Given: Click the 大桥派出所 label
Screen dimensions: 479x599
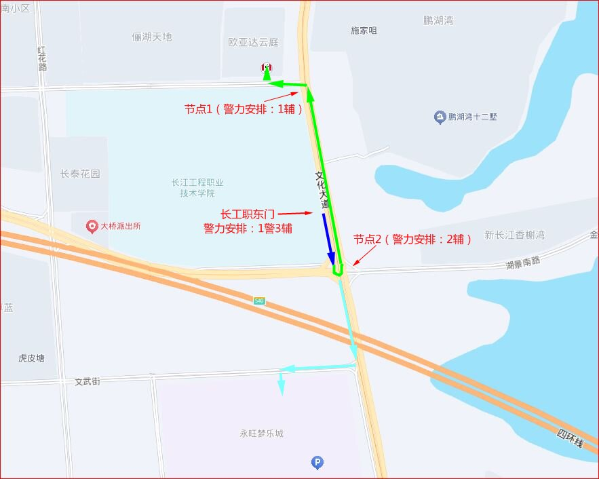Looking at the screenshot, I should [120, 226].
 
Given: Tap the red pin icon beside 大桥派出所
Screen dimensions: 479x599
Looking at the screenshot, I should [93, 226].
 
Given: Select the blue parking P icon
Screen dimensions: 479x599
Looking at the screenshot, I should [317, 463].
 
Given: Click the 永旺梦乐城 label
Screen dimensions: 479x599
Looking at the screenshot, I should [261, 434].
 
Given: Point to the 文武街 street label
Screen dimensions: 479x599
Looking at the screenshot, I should [88, 382].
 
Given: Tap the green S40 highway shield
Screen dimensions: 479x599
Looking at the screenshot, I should [260, 301].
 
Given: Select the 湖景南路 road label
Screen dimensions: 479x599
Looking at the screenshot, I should [523, 261].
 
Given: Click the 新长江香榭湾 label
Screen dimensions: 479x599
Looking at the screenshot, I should [515, 235].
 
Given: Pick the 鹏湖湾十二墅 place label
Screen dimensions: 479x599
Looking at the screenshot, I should [472, 117].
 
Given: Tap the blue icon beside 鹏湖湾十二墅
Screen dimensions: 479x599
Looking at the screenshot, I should [440, 117].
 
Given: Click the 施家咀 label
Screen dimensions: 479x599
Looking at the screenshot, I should [364, 31].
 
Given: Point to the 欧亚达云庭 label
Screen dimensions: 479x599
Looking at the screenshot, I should [254, 42].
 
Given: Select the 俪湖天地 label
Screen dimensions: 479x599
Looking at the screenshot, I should [152, 37].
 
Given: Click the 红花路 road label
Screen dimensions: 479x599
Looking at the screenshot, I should [42, 58].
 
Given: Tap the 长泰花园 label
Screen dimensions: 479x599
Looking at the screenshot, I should [80, 174].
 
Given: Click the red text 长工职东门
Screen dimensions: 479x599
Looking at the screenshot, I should [248, 214].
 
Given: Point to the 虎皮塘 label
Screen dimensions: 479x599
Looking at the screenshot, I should [32, 358].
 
